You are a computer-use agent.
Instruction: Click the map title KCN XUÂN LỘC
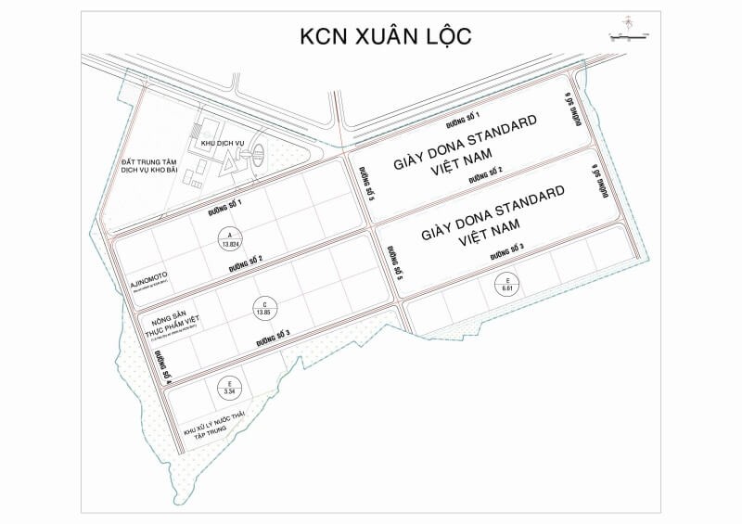[x=385, y=36]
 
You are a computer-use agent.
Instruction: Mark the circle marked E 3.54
[x=230, y=388]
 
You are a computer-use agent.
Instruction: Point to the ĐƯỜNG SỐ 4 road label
[x=163, y=367]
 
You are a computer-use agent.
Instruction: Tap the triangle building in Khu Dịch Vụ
[x=225, y=163]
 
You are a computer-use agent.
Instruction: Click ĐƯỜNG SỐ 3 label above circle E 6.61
[x=506, y=249]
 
